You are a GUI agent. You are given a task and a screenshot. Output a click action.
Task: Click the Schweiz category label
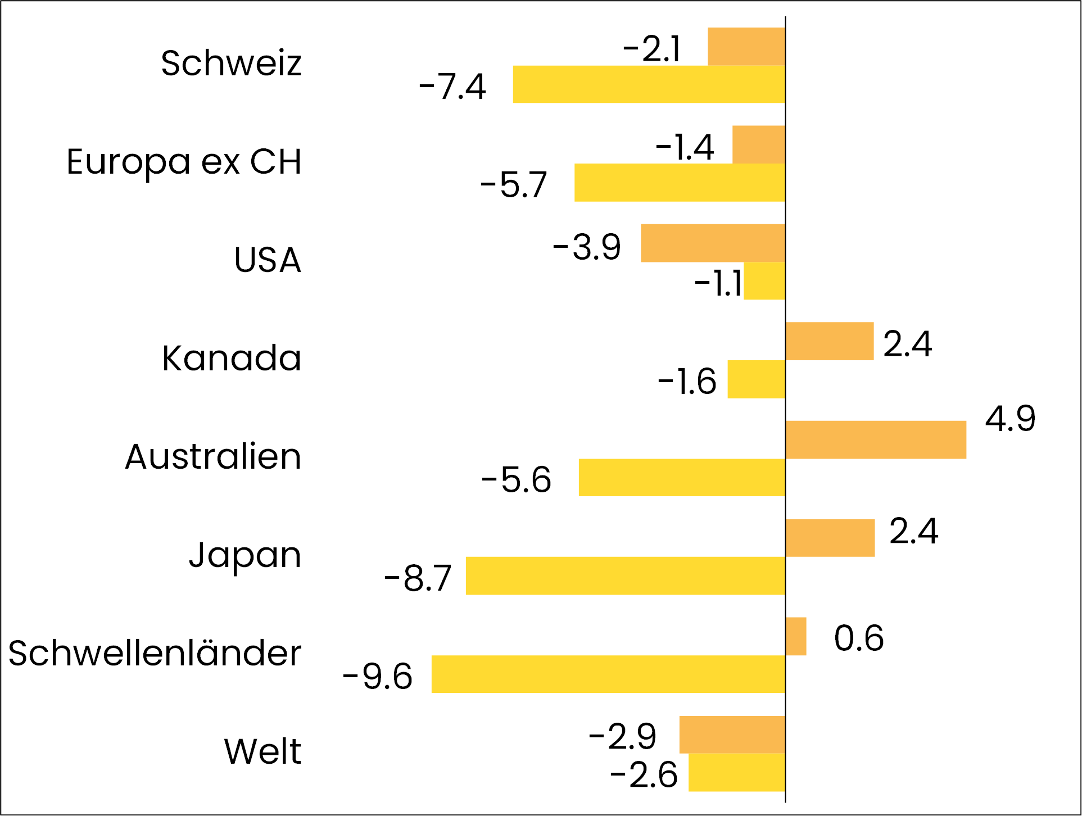[231, 63]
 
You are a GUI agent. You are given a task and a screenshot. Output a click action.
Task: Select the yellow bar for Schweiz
[649, 84]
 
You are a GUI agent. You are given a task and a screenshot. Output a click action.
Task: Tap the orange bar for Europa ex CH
[758, 145]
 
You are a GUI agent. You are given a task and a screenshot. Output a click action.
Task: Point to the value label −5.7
[514, 185]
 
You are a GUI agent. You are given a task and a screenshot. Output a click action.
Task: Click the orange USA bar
[713, 243]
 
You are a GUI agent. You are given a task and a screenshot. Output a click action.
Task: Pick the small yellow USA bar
[764, 281]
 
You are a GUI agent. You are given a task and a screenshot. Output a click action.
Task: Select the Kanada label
[232, 358]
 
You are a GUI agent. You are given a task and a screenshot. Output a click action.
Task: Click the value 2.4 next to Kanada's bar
[907, 344]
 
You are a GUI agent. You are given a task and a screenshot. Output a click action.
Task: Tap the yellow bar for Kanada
[756, 379]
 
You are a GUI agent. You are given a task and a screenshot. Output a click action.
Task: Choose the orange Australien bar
[875, 440]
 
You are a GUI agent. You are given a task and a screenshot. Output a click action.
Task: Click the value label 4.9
[1009, 419]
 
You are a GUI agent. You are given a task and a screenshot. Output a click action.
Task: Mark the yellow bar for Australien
[681, 478]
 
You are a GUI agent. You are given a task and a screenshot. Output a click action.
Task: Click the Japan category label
[245, 555]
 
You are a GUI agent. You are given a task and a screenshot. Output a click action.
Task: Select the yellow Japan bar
[625, 576]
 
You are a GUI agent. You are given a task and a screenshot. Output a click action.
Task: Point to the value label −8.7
[418, 578]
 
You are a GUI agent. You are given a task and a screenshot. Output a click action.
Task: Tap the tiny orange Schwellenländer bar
[796, 637]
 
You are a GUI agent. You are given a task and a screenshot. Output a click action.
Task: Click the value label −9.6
[378, 676]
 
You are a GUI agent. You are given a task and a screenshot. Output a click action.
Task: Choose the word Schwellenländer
[155, 654]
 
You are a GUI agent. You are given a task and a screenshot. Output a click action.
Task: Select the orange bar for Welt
[732, 735]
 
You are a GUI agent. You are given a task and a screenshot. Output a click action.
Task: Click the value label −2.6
[644, 776]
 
